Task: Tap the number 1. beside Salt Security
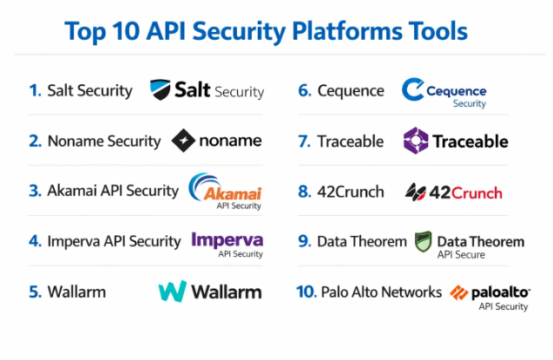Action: pos(35,90)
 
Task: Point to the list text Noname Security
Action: pos(103,141)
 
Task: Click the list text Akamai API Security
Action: pos(113,190)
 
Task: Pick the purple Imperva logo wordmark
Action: pos(227,239)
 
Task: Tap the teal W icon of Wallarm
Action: pos(173,291)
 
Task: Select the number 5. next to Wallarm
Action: pos(35,291)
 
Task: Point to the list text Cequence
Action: pos(351,90)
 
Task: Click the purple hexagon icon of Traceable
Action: pos(417,140)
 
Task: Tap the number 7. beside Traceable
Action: pos(304,141)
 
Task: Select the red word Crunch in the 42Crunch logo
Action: pos(480,192)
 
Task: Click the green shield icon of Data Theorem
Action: pos(423,241)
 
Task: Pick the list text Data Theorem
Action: pos(361,241)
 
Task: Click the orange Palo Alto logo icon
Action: pos(459,293)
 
